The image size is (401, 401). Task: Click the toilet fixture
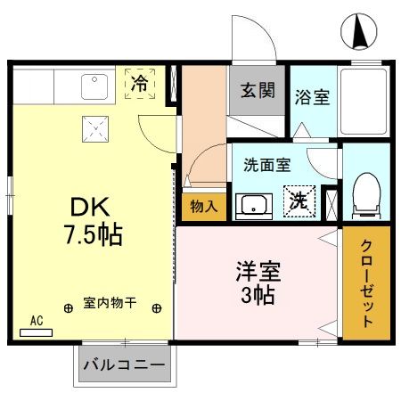pos(364,197)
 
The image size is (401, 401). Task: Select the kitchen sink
pos(94,86)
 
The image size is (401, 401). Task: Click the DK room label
pos(89,209)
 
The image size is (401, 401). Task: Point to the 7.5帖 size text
pos(92,236)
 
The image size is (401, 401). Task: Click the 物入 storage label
pos(204,207)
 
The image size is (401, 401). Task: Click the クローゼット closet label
pos(366,283)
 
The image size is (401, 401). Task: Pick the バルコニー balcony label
pos(124,364)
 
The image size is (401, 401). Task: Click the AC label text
pos(37,319)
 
